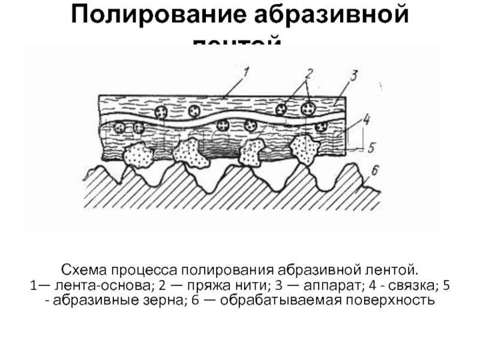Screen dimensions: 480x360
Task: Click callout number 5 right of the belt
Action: tap(370, 146)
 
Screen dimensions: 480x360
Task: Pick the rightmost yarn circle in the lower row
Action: tap(322, 127)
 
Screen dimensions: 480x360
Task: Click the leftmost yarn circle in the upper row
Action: tap(162, 112)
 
